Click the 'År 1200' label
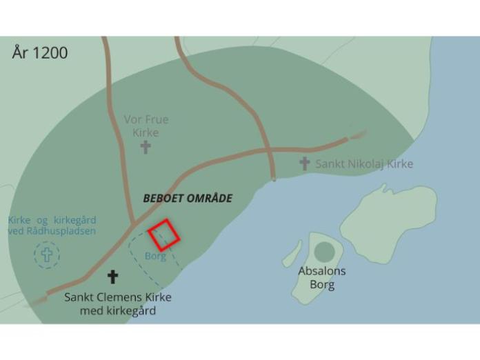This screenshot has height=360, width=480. pos(40,53)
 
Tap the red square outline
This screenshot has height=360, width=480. pos(164,234)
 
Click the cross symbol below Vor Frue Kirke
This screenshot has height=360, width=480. pos(146,146)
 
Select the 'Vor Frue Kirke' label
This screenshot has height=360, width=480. pos(146,126)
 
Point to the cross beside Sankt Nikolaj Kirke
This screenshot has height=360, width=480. pos(304,163)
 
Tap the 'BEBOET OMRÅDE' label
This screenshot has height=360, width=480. pos(188,199)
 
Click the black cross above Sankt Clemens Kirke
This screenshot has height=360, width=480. pos(112,277)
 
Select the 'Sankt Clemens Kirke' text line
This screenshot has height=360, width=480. pos(118,297)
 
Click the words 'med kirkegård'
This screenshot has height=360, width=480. pos(118,311)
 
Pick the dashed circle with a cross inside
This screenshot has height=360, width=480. pos(47,255)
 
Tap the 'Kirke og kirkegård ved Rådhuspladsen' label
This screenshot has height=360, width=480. pos(52,226)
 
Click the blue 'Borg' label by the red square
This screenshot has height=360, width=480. pos(155,256)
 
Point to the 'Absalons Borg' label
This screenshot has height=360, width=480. pos(322,277)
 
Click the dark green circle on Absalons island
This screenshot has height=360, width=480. pos(324,252)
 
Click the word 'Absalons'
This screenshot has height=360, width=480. pos(322,271)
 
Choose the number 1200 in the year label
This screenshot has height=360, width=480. pos(50,53)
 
